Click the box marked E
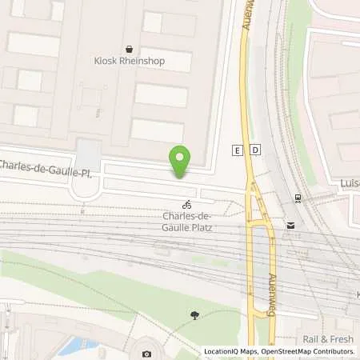pos(237,150)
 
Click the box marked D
pos(254,150)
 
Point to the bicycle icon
pos(186,204)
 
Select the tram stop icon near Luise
pos(298,198)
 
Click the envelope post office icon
pos(290,226)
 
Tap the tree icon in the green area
pos(195,315)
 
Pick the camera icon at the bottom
pos(146,354)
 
